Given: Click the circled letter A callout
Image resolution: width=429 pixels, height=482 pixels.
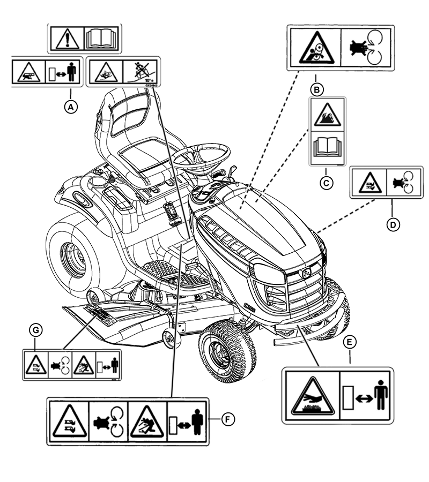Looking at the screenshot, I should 71,106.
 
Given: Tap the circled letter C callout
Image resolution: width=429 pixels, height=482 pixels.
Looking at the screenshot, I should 326,182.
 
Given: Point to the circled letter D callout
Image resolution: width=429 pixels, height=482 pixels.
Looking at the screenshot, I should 393,224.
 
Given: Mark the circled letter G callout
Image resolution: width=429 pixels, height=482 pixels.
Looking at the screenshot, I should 36,332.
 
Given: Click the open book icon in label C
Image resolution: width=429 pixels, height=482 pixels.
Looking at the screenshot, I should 327,146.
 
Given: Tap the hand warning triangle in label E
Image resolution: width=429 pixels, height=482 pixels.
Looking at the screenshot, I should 313,396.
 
